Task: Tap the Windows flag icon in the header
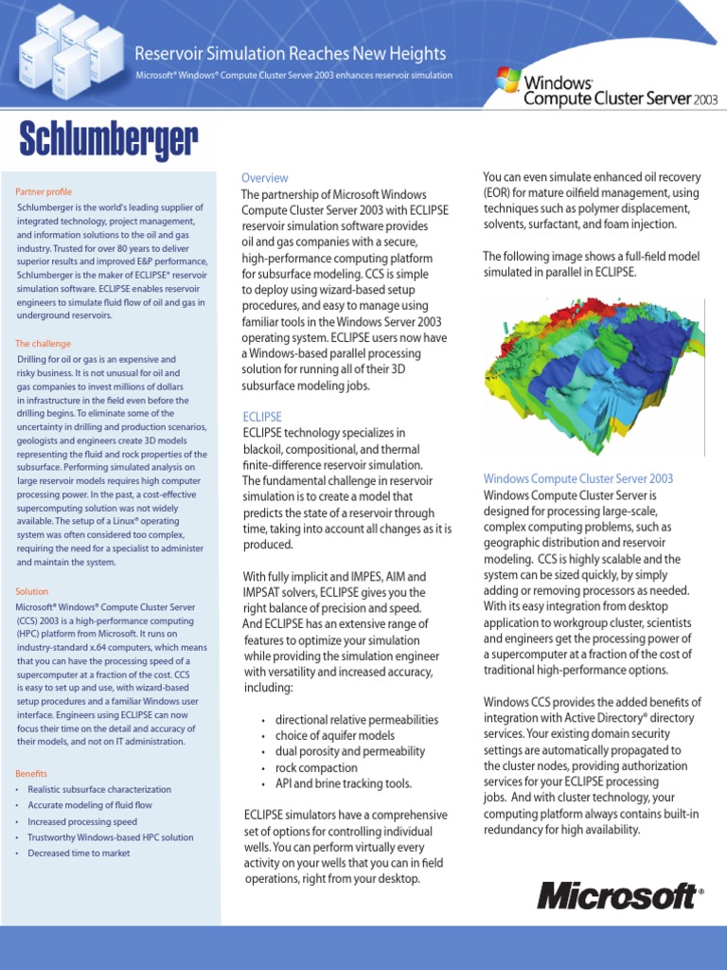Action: click(x=507, y=79)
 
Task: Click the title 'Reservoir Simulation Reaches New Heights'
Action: click(x=291, y=54)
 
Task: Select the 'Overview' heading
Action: click(x=264, y=178)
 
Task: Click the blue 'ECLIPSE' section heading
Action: click(x=261, y=417)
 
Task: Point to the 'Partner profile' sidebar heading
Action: click(x=44, y=191)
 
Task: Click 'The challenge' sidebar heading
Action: click(x=43, y=344)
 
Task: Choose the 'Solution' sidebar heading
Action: click(x=31, y=591)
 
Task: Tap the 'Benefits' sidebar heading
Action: click(x=31, y=774)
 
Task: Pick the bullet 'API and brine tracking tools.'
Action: click(x=343, y=784)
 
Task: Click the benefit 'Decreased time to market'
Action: click(x=79, y=853)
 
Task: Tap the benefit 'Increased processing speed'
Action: click(x=82, y=822)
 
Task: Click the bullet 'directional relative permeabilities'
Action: click(x=356, y=720)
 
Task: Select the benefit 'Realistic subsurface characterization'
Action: click(x=99, y=790)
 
